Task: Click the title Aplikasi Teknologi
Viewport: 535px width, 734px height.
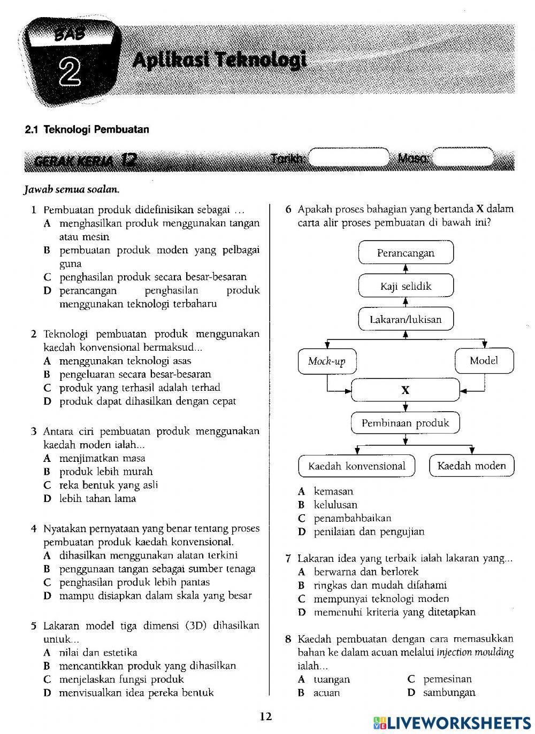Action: tap(219, 60)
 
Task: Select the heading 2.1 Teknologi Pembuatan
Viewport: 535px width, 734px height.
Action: tap(87, 129)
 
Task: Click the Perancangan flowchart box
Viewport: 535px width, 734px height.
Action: tap(406, 253)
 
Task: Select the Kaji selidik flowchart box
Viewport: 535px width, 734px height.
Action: tap(406, 286)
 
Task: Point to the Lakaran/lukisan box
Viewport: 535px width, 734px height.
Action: tap(406, 320)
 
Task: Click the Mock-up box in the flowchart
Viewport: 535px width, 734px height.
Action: tap(326, 361)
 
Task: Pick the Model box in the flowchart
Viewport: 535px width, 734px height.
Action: tap(484, 361)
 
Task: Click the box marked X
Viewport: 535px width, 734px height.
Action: tap(406, 390)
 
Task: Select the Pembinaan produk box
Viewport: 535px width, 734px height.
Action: tap(406, 423)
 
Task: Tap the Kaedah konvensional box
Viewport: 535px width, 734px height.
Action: tap(357, 466)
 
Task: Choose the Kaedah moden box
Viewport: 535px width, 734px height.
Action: tap(471, 466)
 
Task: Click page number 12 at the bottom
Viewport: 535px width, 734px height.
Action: tap(266, 717)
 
